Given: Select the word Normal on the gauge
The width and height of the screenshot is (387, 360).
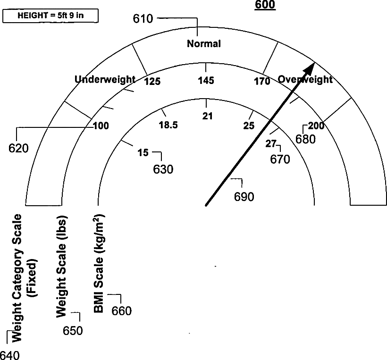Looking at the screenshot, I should tap(204, 44).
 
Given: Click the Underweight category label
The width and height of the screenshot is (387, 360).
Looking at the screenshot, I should tap(105, 79).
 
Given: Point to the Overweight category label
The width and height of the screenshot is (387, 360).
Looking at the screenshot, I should tap(305, 79).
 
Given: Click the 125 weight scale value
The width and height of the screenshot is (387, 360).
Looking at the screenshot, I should tap(152, 82).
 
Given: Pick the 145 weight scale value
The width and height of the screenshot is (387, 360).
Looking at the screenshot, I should tap(206, 81).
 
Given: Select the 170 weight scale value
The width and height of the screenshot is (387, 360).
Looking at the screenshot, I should tap(262, 82).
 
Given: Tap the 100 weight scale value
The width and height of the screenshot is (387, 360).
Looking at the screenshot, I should tap(101, 126).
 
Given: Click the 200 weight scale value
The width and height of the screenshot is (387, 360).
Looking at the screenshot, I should tap(316, 126).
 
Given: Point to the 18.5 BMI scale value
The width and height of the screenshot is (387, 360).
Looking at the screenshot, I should tap(168, 125).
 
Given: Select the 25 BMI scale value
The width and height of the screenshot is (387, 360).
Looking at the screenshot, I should tap(249, 126).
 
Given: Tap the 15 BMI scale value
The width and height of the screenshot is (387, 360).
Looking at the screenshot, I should tap(143, 152).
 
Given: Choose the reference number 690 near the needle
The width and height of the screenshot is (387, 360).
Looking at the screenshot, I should tap(244, 197).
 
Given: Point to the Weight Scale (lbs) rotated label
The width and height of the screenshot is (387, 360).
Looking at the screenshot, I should tap(61, 268).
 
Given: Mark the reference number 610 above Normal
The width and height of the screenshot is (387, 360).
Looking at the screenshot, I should tap(143, 19).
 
